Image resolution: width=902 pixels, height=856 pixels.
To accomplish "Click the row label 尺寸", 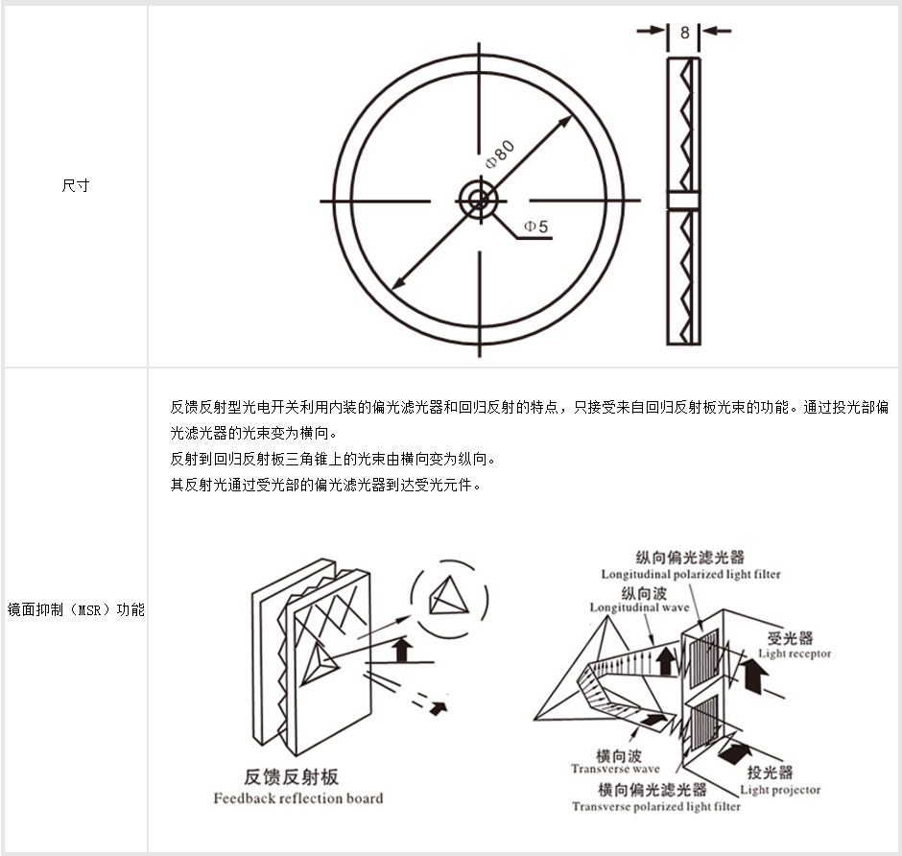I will click(75, 186).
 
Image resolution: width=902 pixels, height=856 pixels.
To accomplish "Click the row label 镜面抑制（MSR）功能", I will click(75, 609).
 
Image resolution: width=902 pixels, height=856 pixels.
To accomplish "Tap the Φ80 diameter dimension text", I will click(501, 153).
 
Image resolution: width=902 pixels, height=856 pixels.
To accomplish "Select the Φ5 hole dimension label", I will click(535, 226).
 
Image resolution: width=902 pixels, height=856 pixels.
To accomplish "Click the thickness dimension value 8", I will click(684, 32).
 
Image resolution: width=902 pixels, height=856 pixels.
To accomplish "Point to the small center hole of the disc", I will click(477, 201).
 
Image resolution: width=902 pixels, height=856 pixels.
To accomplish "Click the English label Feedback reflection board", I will click(297, 798).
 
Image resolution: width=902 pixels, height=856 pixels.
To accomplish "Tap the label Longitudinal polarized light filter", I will click(691, 574).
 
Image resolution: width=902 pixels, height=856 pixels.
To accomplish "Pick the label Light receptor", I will click(795, 654).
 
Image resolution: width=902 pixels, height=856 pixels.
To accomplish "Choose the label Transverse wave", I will click(615, 769).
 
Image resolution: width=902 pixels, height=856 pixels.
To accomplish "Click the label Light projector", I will click(780, 790).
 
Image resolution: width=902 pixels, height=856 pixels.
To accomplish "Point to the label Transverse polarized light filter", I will click(656, 807).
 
